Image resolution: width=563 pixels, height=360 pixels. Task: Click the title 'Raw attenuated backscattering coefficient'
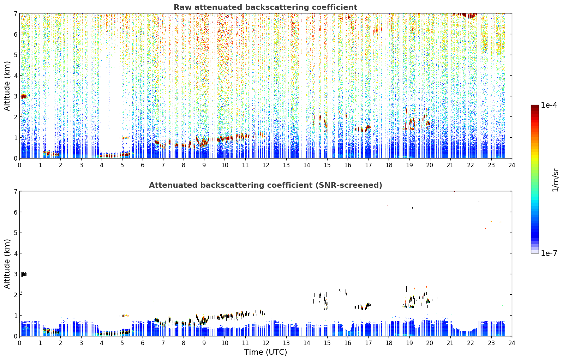point(265,7)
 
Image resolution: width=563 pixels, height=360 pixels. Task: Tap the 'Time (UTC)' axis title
point(265,352)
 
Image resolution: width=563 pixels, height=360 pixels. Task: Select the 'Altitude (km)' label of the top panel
point(7,86)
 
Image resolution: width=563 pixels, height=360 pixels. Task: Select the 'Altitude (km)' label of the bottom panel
point(7,264)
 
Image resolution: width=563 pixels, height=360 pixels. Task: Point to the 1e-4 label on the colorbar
point(549,105)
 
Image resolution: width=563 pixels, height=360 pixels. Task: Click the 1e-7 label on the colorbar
point(549,253)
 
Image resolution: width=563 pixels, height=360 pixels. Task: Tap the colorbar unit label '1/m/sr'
point(555,180)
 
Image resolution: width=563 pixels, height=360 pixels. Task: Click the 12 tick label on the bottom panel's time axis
point(266,343)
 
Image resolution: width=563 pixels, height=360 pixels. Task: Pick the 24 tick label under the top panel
point(512,165)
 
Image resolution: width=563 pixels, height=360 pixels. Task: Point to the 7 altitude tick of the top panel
point(16,13)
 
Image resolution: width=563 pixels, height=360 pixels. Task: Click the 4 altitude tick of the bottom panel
point(16,253)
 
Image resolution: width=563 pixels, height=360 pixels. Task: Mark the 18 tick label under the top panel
point(389,165)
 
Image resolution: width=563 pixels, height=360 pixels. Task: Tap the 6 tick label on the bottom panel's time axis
point(143,343)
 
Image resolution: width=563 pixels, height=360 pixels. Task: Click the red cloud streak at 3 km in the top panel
point(24,96)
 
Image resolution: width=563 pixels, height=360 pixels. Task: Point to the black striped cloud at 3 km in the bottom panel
point(23,274)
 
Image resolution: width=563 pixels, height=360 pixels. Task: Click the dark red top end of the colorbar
point(535,107)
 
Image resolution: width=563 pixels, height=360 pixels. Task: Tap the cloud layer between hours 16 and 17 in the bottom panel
point(362,306)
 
